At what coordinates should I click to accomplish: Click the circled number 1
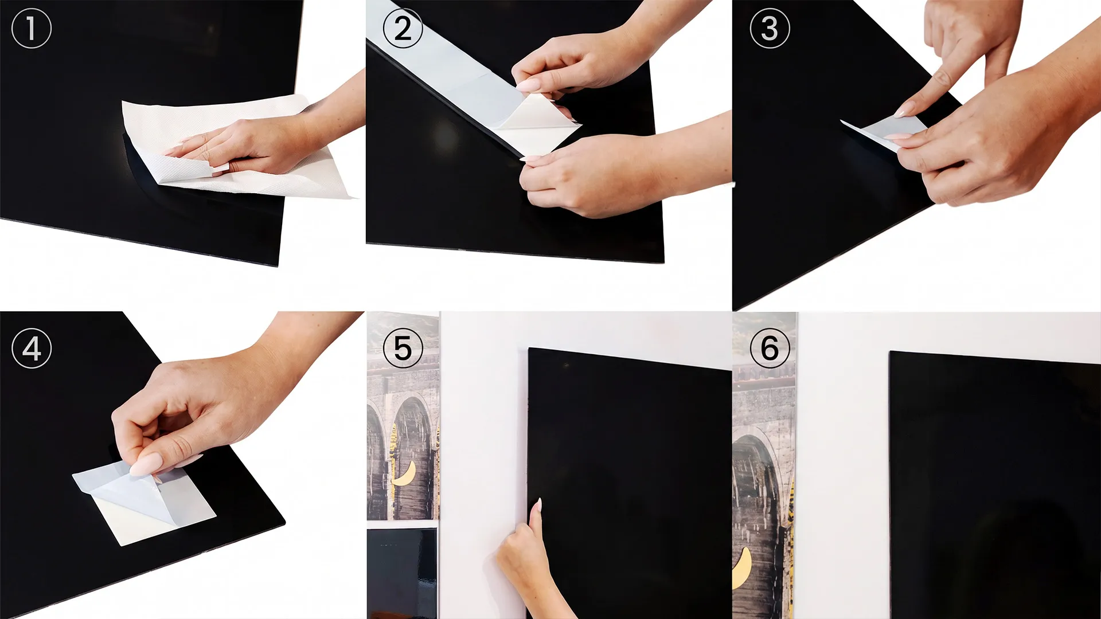32,29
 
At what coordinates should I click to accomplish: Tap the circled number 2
403,29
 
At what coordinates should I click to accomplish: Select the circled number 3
770,29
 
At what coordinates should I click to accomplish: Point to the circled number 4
32,348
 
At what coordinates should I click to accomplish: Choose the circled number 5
403,348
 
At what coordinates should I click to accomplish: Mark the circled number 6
770,348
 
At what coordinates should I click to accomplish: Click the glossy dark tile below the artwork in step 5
402,573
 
